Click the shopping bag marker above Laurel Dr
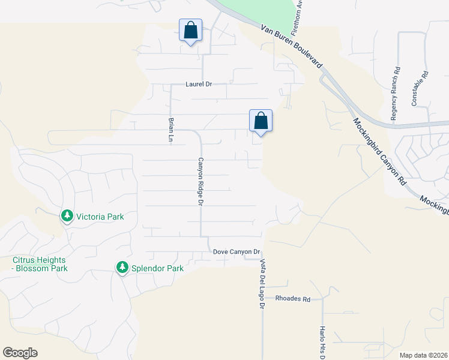pos(190,30)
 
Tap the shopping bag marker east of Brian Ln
pos(261,121)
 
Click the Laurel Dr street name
pos(199,85)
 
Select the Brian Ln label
pos(171,130)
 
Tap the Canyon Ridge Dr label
pos(201,181)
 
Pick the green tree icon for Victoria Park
pos(67,215)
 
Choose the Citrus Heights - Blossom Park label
pos(40,264)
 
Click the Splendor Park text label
pos(158,268)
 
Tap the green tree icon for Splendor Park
pos(122,267)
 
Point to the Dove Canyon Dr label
pos(237,252)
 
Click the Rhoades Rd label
pos(293,299)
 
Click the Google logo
pos(20,353)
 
